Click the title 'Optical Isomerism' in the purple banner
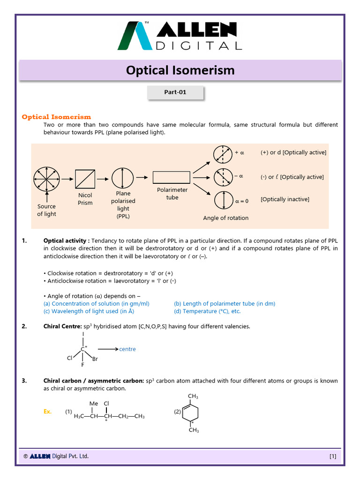(180, 70)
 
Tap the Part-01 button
(175, 92)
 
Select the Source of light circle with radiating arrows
(47, 179)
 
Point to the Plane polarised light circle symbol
(123, 179)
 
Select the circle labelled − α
(223, 177)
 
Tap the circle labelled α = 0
(223, 201)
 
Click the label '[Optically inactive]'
(285, 200)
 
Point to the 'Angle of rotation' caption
(225, 218)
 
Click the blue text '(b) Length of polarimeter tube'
(225, 304)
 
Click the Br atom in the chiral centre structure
(95, 359)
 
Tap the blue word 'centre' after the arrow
(127, 349)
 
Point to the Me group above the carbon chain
(93, 403)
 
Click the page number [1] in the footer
(333, 456)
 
